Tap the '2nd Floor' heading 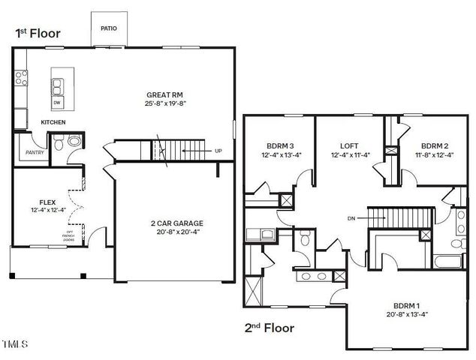[269, 328]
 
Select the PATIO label [108, 28]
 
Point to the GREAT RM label [164, 94]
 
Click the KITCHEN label [53, 121]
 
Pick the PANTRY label [35, 152]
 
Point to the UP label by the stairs [218, 151]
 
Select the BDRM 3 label [279, 145]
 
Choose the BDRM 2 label [434, 145]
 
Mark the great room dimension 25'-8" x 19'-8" [164, 103]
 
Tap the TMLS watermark [14, 345]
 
